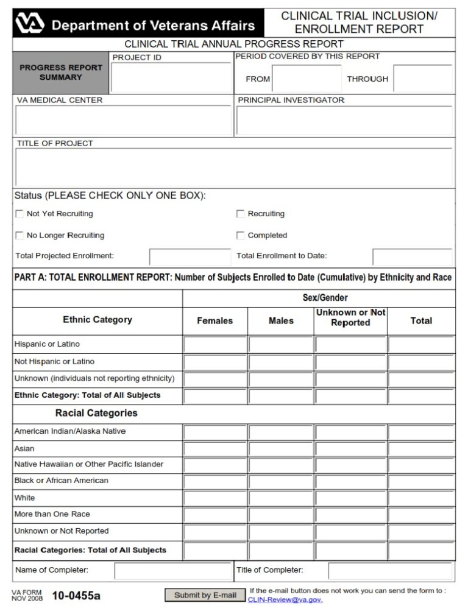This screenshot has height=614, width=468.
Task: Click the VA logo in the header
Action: click(x=30, y=24)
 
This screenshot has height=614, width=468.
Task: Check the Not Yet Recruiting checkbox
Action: click(x=19, y=214)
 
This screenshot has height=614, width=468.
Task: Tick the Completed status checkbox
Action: click(x=241, y=236)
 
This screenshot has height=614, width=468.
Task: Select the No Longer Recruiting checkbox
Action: click(x=19, y=236)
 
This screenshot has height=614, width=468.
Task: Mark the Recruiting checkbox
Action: click(x=241, y=214)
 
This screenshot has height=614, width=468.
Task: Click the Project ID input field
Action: click(x=171, y=77)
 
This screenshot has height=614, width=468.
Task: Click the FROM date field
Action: click(x=307, y=79)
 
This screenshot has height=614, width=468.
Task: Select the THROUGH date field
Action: click(x=422, y=79)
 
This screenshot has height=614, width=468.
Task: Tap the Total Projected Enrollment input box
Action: click(x=190, y=256)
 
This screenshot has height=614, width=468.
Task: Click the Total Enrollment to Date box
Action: click(x=412, y=256)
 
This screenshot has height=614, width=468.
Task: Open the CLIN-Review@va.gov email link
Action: click(x=285, y=600)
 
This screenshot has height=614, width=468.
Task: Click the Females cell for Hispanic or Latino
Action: click(x=215, y=345)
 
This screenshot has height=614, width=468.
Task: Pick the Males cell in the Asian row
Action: click(x=281, y=449)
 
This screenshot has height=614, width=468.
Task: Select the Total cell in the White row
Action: click(x=421, y=498)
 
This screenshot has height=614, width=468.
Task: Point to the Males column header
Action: click(x=281, y=321)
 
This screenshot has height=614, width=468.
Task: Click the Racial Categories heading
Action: click(x=96, y=413)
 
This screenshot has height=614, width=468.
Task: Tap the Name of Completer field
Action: click(x=171, y=571)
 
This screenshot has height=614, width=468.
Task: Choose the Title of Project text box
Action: click(x=233, y=167)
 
